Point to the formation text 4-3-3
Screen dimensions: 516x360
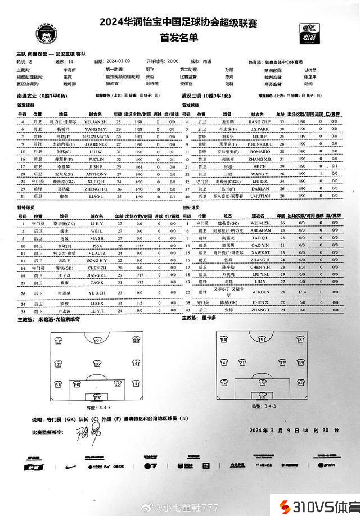pos(93,406)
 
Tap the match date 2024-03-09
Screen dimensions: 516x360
pos(118,61)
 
